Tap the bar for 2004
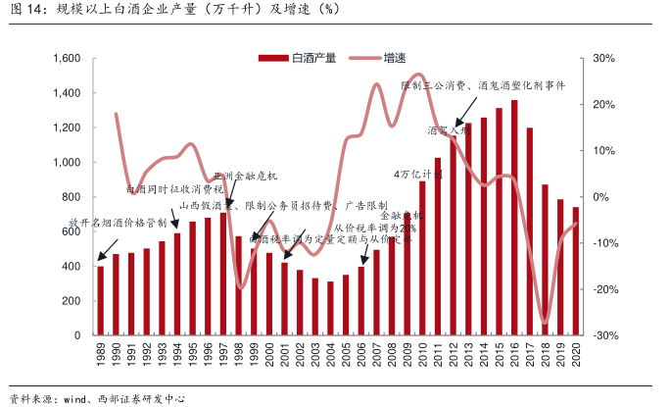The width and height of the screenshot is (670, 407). [330, 309]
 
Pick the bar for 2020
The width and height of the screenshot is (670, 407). [575, 272]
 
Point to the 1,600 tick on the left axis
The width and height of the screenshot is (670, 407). [65, 59]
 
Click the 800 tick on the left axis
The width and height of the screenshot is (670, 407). [71, 197]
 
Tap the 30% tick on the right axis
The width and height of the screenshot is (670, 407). [603, 59]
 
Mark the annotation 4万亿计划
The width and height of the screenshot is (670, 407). [418, 174]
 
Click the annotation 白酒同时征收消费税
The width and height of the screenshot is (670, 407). [175, 188]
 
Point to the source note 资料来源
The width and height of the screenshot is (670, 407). [98, 397]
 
